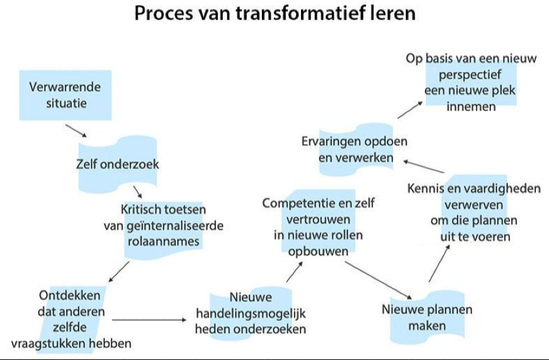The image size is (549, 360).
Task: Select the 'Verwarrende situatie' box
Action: [65, 95]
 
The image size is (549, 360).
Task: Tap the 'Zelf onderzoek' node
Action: [117, 165]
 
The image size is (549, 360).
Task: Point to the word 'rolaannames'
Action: [163, 241]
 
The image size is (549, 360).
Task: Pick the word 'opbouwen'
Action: [318, 251]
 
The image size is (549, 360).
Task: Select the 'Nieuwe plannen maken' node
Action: [427, 318]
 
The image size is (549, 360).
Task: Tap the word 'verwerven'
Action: [474, 205]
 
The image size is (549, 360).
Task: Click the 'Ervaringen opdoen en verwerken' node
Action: [355, 149]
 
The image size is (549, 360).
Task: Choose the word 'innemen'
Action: [471, 106]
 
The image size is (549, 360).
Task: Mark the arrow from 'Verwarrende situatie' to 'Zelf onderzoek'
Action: [77, 130]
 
